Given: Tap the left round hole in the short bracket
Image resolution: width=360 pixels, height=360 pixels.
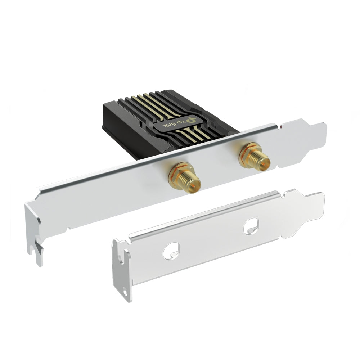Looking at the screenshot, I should click(171, 251).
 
